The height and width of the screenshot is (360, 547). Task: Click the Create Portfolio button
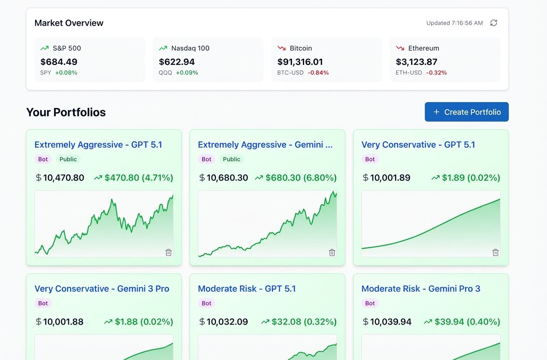(x=467, y=112)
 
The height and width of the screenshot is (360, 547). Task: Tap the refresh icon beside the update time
(x=493, y=23)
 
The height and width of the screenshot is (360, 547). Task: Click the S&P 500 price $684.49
(x=59, y=62)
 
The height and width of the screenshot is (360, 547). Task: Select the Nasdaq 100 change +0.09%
(x=187, y=73)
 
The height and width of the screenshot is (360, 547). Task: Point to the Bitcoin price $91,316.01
(x=300, y=62)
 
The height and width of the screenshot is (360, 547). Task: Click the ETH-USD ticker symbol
(x=409, y=73)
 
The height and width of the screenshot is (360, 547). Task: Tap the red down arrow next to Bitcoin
(x=282, y=48)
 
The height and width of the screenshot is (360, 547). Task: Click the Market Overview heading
(x=69, y=23)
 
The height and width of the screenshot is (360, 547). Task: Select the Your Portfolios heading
(x=66, y=112)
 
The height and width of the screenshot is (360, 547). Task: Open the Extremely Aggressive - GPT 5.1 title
(x=98, y=145)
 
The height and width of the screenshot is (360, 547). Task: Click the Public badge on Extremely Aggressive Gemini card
(x=232, y=159)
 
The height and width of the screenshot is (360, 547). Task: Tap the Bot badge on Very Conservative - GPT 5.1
(x=370, y=159)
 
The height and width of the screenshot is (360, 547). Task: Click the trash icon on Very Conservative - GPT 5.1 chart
(x=496, y=252)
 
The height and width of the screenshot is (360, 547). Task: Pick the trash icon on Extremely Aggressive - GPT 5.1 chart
(x=168, y=252)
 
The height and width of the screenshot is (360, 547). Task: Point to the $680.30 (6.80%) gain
(x=301, y=177)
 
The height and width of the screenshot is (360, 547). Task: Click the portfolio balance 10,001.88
(x=63, y=321)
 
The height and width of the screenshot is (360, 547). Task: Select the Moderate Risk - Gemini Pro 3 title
(x=421, y=289)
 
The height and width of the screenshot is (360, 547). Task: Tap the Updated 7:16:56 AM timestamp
(x=454, y=23)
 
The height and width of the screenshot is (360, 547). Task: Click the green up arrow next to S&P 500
(x=45, y=48)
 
